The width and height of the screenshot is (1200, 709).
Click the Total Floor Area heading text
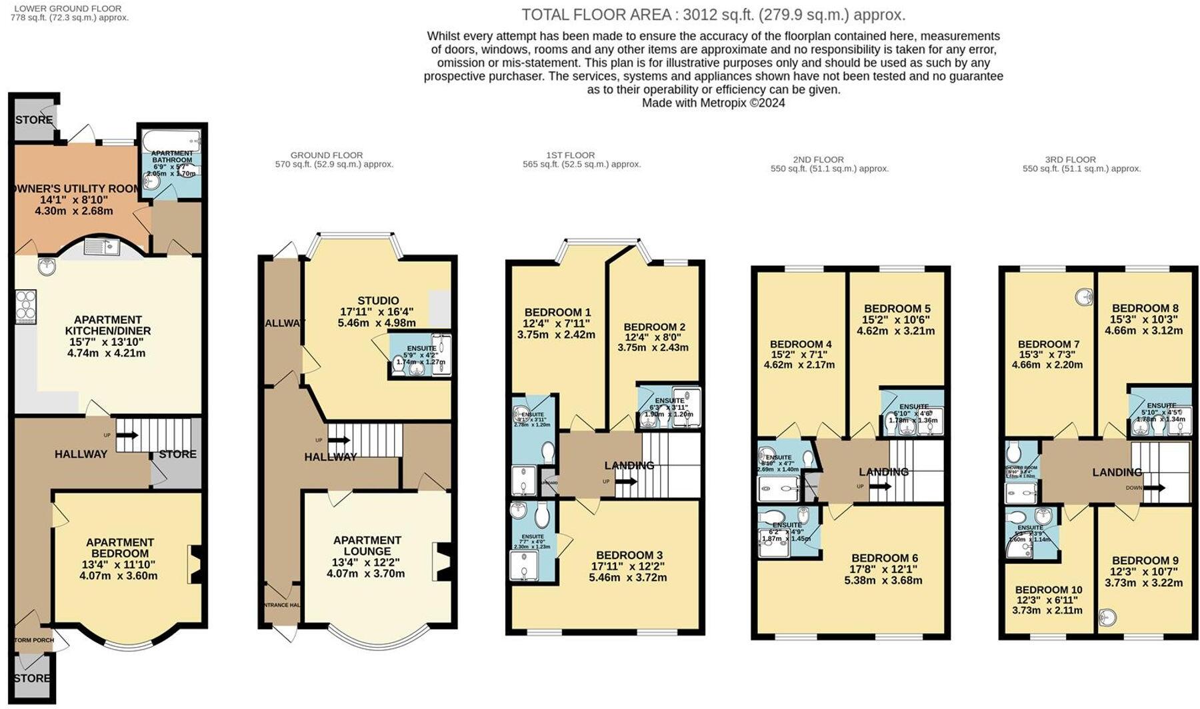point(713,15)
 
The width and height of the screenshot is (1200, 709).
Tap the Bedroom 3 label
point(629,555)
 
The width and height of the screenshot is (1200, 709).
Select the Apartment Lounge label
point(367,546)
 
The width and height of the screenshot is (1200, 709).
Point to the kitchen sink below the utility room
point(101,248)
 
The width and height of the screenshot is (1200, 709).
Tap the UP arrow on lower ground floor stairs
point(127,435)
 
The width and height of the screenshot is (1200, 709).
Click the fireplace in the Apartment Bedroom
point(195,564)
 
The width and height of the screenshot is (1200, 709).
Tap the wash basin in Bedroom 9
point(1108,617)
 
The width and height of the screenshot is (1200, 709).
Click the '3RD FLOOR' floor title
point(1071,159)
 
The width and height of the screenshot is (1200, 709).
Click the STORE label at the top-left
point(33,120)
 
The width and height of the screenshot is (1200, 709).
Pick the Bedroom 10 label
point(1048,590)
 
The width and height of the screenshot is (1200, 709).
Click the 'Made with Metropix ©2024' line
point(713,103)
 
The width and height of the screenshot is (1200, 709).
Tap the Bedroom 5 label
point(897,309)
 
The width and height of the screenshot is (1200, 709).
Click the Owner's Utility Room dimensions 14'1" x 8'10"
point(73,200)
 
